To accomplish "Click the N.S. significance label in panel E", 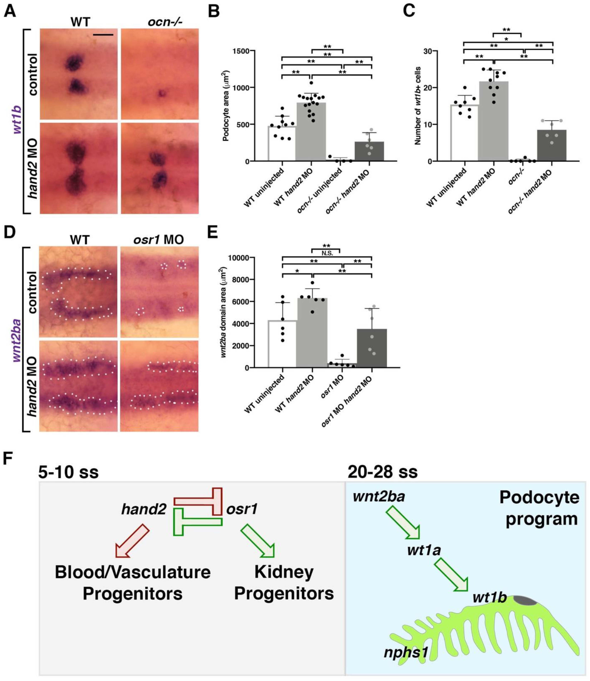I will pos(326,253).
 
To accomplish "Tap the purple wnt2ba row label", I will pos(17,339).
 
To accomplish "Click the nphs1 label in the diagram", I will pos(406,643).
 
